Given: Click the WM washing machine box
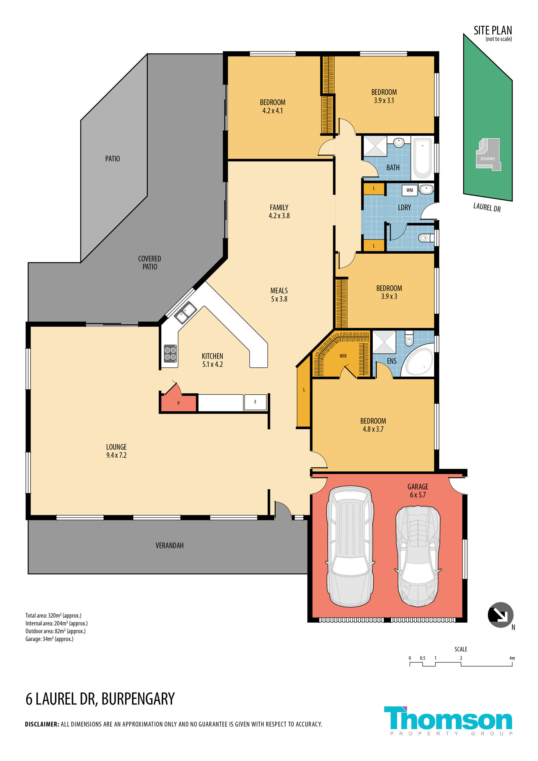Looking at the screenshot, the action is pyautogui.click(x=409, y=190).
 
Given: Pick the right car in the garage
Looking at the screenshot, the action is pyautogui.click(x=418, y=556).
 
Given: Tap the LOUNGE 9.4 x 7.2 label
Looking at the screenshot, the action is pyautogui.click(x=116, y=451).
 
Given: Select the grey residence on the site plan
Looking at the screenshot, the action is pyautogui.click(x=488, y=155).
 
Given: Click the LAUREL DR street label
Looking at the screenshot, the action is pyautogui.click(x=487, y=208).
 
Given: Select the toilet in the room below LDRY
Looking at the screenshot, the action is pyautogui.click(x=426, y=238).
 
